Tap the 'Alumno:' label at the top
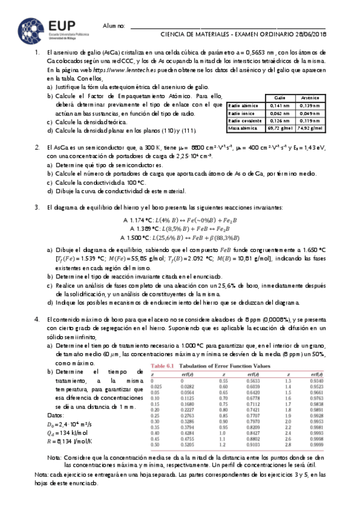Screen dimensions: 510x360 [114, 26]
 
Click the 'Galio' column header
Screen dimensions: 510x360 [279, 97]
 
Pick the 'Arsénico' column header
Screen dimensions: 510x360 [310, 97]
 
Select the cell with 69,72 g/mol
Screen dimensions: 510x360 [279, 128]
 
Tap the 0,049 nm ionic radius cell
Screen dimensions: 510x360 [310, 112]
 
